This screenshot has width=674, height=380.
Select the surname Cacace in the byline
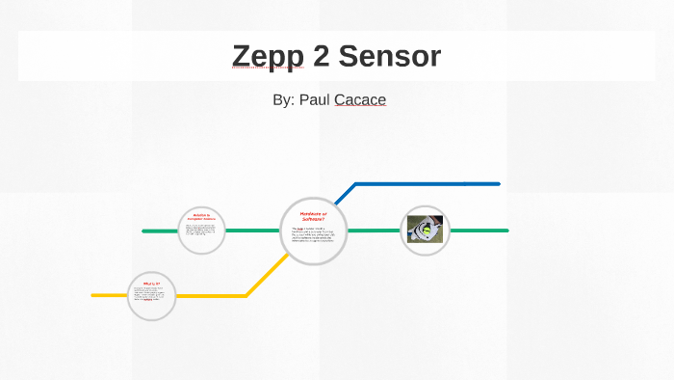360,99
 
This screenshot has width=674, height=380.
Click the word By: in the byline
284,99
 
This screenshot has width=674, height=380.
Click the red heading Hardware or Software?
314,217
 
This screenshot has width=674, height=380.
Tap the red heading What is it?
151,283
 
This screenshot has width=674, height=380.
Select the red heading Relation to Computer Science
201,218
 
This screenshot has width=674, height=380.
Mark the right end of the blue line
498,183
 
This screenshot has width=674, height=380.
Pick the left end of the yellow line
94,295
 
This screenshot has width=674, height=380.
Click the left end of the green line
144,231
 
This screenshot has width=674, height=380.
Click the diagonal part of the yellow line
265,275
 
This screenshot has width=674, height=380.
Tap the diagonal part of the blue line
345,194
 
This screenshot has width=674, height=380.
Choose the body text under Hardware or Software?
313,234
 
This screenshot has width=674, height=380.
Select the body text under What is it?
151,294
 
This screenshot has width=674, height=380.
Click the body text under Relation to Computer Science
201,231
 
